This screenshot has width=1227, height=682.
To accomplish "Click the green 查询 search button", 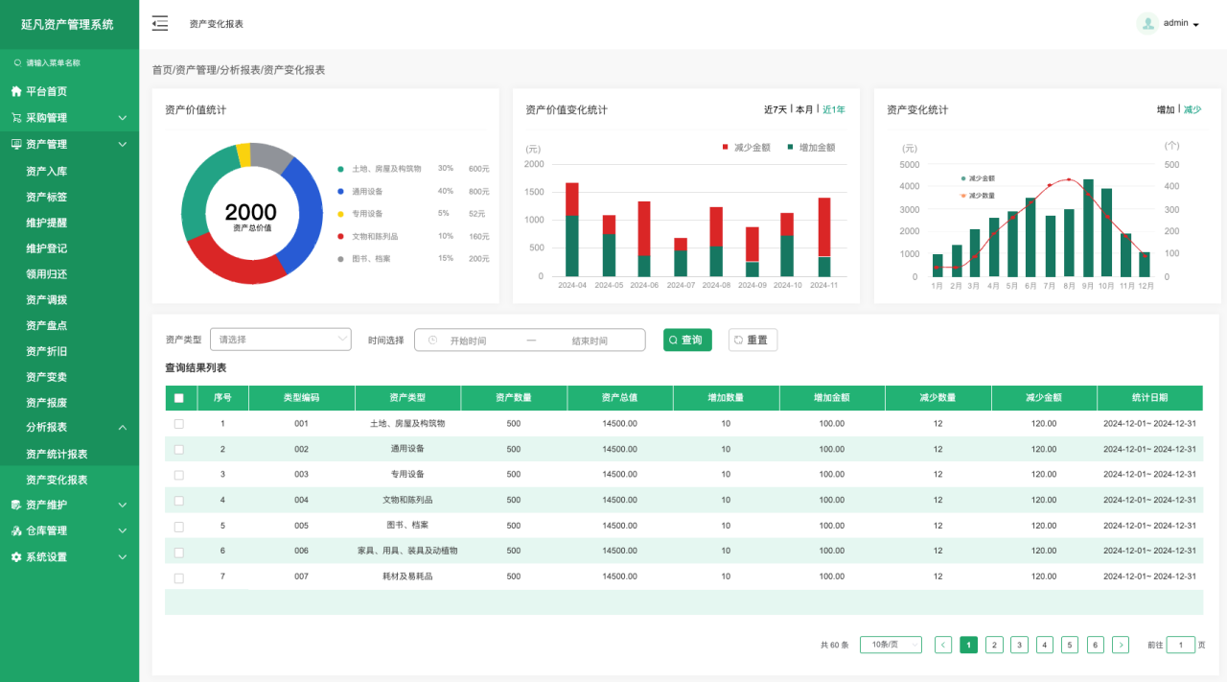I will click(687, 340).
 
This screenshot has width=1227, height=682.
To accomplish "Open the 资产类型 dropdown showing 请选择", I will click(281, 340).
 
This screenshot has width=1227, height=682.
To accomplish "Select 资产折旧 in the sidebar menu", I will click(46, 351).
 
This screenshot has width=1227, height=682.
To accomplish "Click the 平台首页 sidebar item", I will click(46, 91).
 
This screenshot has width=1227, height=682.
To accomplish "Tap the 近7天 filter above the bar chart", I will click(775, 109).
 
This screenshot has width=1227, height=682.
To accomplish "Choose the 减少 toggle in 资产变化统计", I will click(1192, 109).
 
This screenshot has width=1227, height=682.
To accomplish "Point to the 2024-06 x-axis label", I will click(643, 285).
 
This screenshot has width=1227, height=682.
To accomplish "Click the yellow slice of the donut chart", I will click(243, 154).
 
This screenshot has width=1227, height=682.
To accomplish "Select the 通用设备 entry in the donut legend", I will click(367, 191).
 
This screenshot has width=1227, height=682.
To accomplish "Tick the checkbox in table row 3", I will click(178, 475).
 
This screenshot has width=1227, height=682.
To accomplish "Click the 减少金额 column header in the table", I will click(1044, 398).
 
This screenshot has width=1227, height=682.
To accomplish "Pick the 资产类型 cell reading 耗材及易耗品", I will click(407, 576).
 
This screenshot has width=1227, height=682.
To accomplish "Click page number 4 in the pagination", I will click(1045, 646).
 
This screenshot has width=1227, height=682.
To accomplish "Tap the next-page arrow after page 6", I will click(1121, 646).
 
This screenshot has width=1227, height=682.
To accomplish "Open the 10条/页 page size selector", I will click(891, 646).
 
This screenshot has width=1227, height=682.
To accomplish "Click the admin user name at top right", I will click(1175, 23).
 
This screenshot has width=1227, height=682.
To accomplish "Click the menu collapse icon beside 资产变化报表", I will click(160, 23).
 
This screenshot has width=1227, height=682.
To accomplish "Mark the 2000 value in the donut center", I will click(251, 212).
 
